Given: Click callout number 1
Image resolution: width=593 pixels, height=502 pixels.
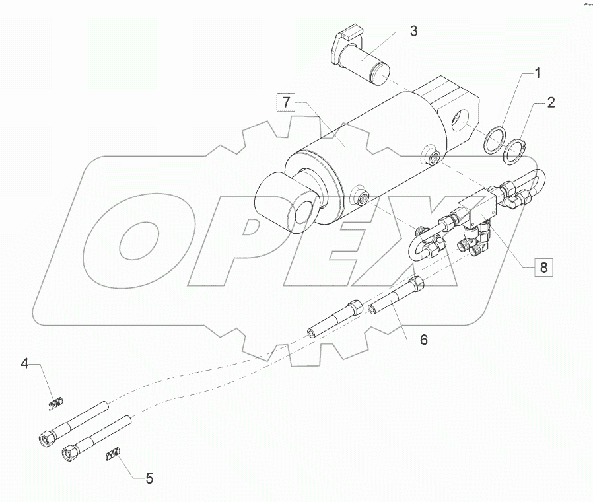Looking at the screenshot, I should pos(538,73).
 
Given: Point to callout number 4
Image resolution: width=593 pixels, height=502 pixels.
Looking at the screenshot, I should pos(25,363).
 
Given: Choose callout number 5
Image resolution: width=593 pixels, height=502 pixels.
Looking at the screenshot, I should pos(149,478).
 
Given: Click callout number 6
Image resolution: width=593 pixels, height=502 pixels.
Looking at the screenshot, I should pos(423,340).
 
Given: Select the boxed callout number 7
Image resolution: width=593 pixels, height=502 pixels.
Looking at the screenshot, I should pos(287,102).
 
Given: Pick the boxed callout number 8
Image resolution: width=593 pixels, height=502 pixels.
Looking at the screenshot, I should pos(543,268).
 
